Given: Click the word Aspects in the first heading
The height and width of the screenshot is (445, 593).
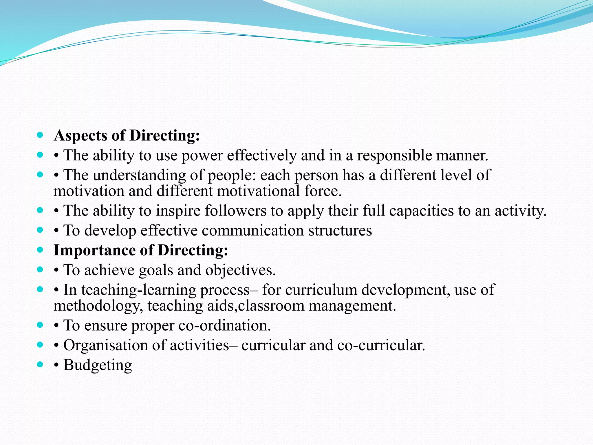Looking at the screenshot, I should (80, 136).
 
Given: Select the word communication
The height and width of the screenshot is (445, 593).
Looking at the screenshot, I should (253, 231).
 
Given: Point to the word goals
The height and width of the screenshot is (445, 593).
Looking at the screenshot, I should (156, 270).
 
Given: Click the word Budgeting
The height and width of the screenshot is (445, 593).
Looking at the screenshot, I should (98, 365).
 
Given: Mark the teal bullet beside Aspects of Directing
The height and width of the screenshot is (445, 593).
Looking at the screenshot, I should (40, 135).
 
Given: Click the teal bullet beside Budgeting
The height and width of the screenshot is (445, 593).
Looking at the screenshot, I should (40, 364).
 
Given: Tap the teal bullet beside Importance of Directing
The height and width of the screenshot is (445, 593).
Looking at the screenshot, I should (40, 250).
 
